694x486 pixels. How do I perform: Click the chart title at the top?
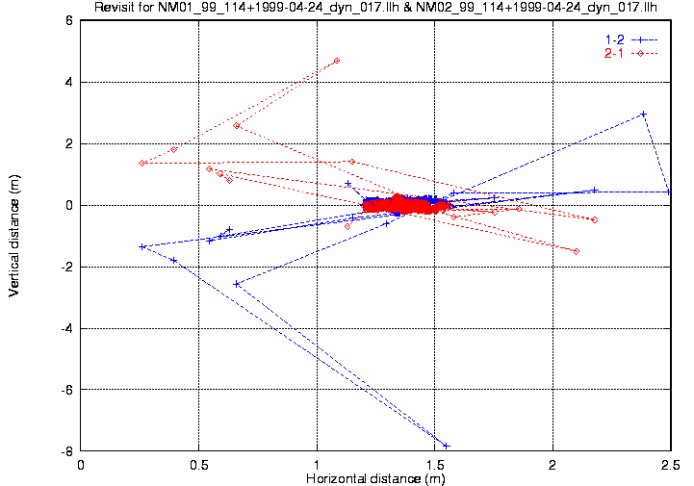[x=375, y=9]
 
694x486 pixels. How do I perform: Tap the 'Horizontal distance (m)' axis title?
[x=374, y=478]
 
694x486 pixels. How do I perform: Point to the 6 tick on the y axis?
[x=68, y=20]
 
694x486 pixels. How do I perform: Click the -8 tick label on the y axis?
[x=66, y=451]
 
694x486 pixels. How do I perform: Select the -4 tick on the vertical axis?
[x=66, y=328]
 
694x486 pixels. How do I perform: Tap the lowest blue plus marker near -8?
[x=446, y=446]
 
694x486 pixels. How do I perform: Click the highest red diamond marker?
[x=337, y=61]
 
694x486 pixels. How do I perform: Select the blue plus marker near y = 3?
[x=643, y=114]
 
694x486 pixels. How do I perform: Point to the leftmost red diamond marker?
[x=142, y=163]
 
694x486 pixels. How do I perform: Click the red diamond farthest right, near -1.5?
[x=576, y=251]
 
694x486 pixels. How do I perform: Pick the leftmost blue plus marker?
[x=142, y=246]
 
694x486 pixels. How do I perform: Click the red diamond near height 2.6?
[x=237, y=125]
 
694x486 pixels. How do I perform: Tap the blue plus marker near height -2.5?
[x=237, y=284]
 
